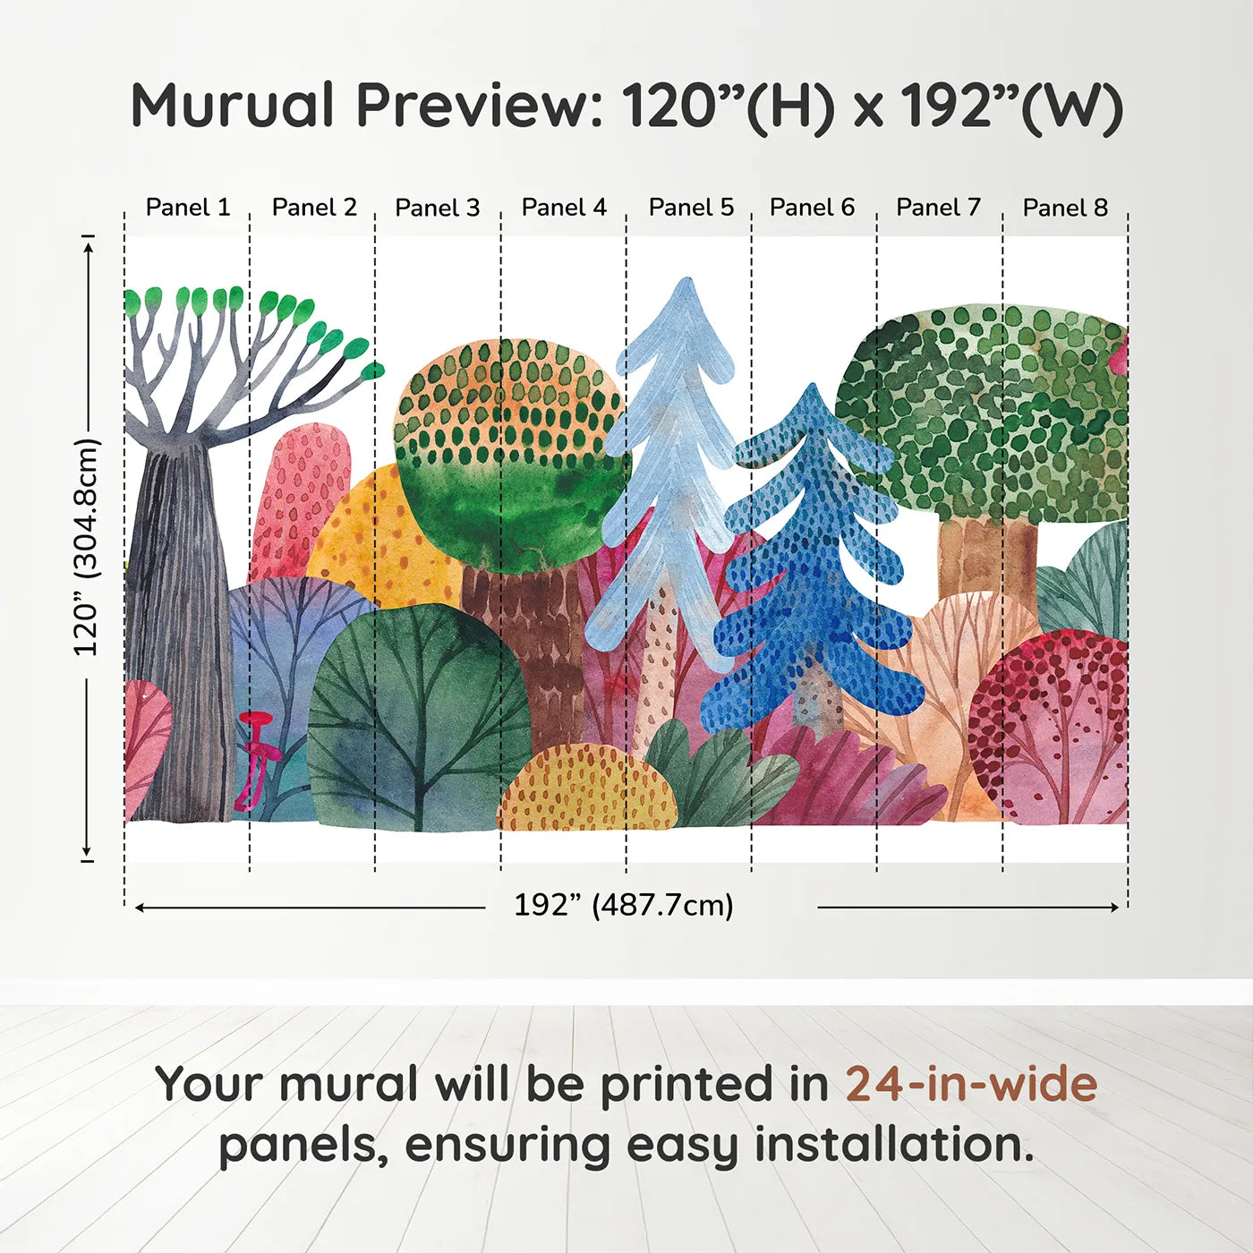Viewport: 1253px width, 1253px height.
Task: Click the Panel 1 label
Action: pyautogui.click(x=188, y=208)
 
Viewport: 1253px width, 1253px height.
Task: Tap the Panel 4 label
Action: pyautogui.click(x=564, y=208)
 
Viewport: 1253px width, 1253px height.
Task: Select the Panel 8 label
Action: pyautogui.click(x=1065, y=208)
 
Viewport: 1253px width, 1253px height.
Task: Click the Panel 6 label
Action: pyautogui.click(x=812, y=208)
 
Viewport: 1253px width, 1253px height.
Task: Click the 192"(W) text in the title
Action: pyautogui.click(x=1011, y=106)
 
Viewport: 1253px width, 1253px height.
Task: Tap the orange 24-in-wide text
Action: pyautogui.click(x=971, y=1084)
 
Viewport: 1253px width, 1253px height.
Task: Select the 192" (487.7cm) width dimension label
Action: pyautogui.click(x=623, y=905)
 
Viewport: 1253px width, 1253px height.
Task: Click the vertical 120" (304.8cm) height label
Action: pyautogui.click(x=86, y=546)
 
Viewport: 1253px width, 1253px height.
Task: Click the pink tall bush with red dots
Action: pyautogui.click(x=300, y=501)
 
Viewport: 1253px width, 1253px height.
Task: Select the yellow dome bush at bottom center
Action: pyautogui.click(x=586, y=788)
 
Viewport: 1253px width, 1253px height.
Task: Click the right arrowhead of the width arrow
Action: pyautogui.click(x=1114, y=908)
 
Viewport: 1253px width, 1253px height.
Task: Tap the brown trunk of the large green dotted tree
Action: pyautogui.click(x=984, y=555)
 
